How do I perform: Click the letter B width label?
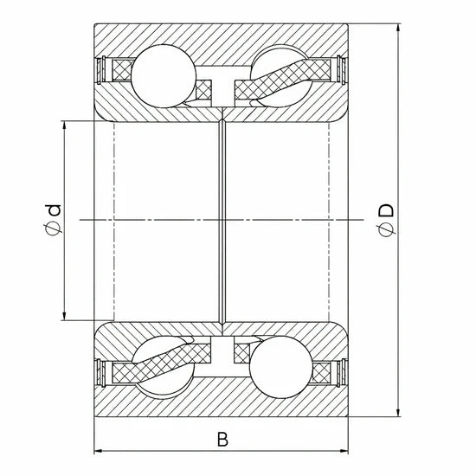[x=222, y=440]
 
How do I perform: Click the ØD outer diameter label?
[x=386, y=220]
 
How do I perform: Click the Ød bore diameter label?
[x=53, y=220]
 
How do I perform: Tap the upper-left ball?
[x=164, y=76]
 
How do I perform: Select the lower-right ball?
[x=280, y=367]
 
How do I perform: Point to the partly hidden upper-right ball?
[x=280, y=76]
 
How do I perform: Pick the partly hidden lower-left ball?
[x=164, y=367]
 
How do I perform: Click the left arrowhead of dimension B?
[x=98, y=451]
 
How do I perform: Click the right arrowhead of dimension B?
[x=344, y=451]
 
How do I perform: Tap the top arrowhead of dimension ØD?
[x=398, y=28]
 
